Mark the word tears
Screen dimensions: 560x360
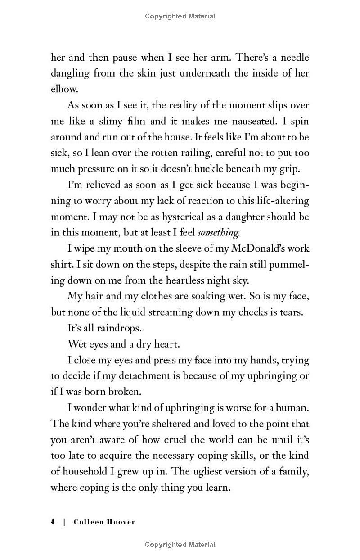click(291, 312)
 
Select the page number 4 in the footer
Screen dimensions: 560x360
click(53, 522)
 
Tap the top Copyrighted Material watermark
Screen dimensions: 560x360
click(180, 16)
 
